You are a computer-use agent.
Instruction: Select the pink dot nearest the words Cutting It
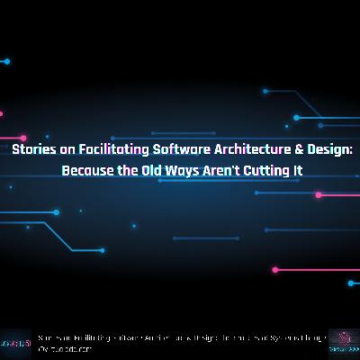[x=318, y=194]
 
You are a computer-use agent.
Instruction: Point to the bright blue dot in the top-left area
[x=7, y=61]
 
